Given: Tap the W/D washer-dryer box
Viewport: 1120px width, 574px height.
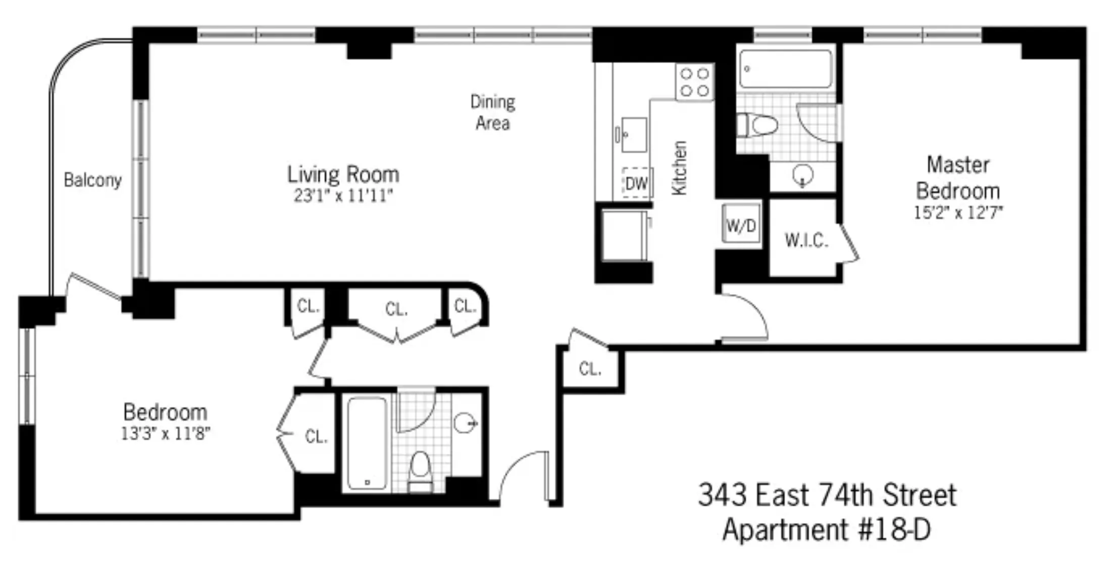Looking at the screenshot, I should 741,225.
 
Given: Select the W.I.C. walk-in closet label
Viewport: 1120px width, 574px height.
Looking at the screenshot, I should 806,240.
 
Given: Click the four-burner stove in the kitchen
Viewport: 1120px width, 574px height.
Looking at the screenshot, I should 695,82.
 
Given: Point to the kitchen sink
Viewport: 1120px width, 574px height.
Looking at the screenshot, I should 633,135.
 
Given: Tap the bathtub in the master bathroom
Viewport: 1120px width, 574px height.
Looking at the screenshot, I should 785,69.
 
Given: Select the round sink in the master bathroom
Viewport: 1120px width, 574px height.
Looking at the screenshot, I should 803,176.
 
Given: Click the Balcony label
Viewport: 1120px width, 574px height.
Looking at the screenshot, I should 92,180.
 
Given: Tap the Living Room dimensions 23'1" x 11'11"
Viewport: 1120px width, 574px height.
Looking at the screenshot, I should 343,196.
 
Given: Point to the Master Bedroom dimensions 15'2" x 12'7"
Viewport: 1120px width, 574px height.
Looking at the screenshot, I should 957,212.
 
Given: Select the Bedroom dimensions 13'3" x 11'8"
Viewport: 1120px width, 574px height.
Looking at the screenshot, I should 165,433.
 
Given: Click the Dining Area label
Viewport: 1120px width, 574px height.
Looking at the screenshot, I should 492,112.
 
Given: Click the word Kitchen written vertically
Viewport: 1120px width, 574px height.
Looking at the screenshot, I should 679,168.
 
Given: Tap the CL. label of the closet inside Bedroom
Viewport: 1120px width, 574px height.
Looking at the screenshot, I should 316,436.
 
